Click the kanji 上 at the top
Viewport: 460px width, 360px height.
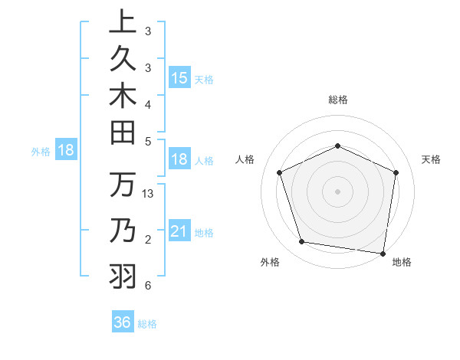[x=123, y=21]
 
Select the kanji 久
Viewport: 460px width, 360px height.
[x=123, y=58]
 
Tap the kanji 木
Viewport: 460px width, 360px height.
[x=123, y=97]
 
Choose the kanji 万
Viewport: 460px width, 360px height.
[x=123, y=185]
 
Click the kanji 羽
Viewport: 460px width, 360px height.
[x=123, y=274]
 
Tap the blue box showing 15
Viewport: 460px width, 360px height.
[x=179, y=78]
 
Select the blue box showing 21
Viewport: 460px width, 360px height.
[x=179, y=231]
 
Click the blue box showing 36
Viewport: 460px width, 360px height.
[x=122, y=322]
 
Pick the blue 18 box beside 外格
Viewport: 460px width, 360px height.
[x=65, y=150]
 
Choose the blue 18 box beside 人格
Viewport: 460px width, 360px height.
[x=179, y=160]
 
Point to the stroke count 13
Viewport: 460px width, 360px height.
[x=149, y=194]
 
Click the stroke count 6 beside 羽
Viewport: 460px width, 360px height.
[x=147, y=286]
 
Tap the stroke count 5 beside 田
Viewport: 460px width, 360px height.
[x=147, y=141]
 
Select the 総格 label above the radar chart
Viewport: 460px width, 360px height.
[x=337, y=100]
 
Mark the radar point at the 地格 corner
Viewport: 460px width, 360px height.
[x=383, y=253]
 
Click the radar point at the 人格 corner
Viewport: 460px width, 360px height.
[x=280, y=172]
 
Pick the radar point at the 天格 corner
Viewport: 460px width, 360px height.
[x=396, y=172]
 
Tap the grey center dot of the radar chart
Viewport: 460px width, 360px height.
[x=337, y=191]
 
